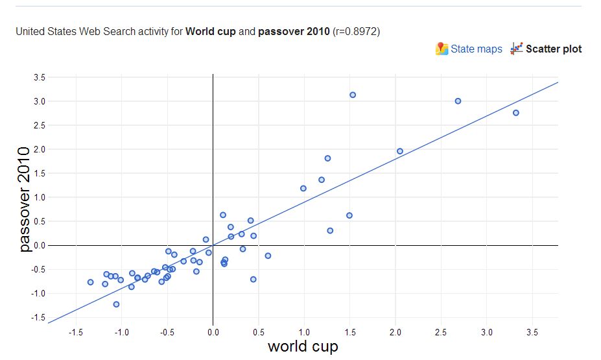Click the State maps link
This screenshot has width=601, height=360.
click(476, 49)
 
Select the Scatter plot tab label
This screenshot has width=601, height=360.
click(554, 49)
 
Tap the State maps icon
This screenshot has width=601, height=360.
click(442, 49)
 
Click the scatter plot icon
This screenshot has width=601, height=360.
click(517, 49)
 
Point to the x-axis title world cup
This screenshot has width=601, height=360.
click(303, 346)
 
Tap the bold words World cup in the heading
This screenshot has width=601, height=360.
click(211, 31)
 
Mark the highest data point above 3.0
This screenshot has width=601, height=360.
click(353, 95)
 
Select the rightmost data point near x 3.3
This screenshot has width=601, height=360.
click(515, 113)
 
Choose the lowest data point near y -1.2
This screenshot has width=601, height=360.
click(116, 304)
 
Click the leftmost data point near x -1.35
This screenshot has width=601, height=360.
click(91, 282)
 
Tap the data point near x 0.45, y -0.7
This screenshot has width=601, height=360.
click(253, 280)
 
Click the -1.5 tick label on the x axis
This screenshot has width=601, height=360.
click(75, 332)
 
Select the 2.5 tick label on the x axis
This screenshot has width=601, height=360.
click(441, 332)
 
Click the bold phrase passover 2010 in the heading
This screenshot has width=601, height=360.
click(293, 31)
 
